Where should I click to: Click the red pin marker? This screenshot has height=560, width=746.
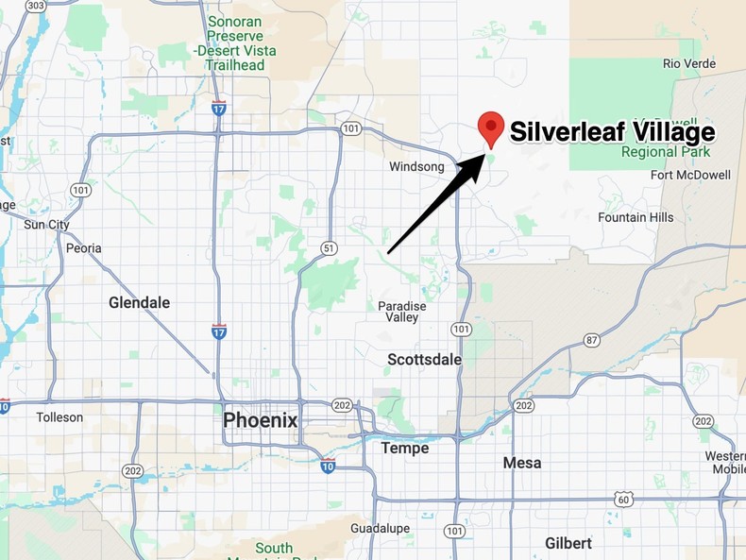(x=491, y=127)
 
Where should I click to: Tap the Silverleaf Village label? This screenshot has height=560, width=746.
(x=612, y=131)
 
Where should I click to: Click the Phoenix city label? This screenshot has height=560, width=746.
(x=260, y=420)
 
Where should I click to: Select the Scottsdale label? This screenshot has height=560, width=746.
(x=425, y=360)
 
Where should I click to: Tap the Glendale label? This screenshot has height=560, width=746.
(x=139, y=303)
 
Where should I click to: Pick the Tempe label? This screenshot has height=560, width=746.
(x=404, y=448)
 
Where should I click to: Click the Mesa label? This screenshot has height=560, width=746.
(x=522, y=463)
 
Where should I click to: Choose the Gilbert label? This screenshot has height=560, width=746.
(x=568, y=543)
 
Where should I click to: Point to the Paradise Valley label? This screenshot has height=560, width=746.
(x=402, y=312)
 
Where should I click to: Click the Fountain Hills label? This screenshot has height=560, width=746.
(x=636, y=217)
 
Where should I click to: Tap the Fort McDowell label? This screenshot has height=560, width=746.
(x=691, y=175)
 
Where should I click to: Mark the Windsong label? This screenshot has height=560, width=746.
(x=416, y=167)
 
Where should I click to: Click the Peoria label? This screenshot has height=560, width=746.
(x=84, y=248)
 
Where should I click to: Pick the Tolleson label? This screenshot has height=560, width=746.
(x=59, y=416)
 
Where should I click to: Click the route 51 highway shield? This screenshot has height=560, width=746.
(x=328, y=247)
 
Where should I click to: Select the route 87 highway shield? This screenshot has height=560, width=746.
(x=591, y=339)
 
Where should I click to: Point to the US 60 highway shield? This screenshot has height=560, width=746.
(x=621, y=499)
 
